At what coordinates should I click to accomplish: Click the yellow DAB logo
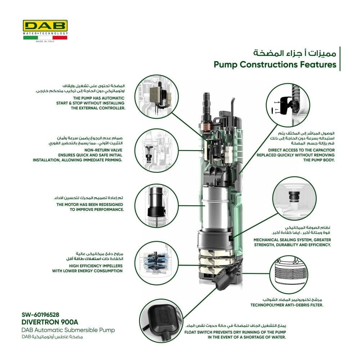[45, 26]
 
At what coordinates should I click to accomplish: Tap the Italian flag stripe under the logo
[45, 37]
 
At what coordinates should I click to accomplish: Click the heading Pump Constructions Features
[275, 65]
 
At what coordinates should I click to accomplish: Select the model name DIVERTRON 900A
[50, 321]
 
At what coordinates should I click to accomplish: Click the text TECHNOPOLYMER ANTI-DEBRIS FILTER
[287, 305]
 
